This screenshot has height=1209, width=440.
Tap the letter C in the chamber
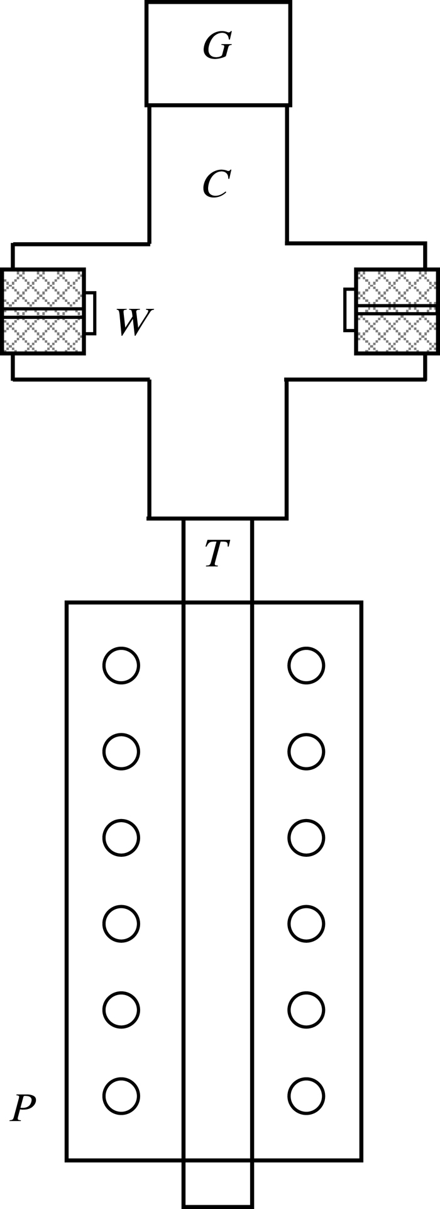(x=216, y=185)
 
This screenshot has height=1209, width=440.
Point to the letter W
(x=133, y=322)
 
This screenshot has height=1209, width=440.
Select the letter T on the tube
(x=217, y=554)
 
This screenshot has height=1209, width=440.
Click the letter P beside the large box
(x=23, y=1108)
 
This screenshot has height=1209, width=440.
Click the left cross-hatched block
(x=43, y=311)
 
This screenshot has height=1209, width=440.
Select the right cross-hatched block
(x=397, y=311)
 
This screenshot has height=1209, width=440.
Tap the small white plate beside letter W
(x=90, y=313)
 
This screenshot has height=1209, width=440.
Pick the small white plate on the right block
(x=349, y=309)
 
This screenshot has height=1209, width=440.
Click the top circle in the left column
(x=121, y=666)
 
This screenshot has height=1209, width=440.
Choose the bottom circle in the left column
(x=121, y=1096)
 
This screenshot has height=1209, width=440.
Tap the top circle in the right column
(x=306, y=666)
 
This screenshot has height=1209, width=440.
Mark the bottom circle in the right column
(x=306, y=1096)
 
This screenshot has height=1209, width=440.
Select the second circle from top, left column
(x=121, y=752)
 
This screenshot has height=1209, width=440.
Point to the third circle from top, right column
(x=306, y=838)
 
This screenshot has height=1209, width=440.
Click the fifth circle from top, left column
(x=121, y=1010)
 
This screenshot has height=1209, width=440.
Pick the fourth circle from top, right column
(x=306, y=924)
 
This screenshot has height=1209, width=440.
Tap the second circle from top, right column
(x=306, y=752)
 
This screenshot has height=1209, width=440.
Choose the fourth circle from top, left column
(x=121, y=924)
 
